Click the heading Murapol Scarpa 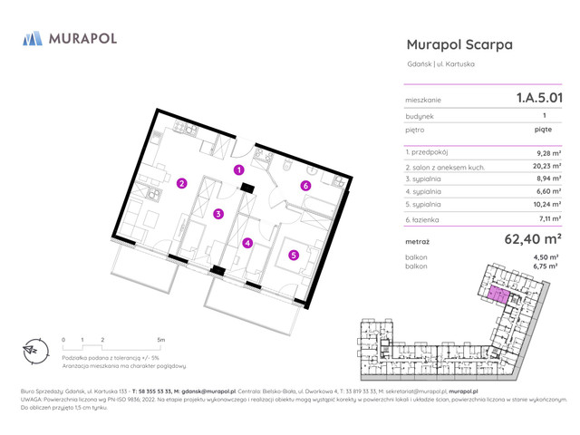[x=459, y=44]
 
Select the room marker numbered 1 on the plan [x=239, y=169]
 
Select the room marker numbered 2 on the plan [x=181, y=184]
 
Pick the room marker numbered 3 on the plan [x=218, y=214]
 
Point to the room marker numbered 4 [x=247, y=243]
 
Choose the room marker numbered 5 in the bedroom [x=294, y=255]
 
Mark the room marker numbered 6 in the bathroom [x=306, y=187]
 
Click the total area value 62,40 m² [x=533, y=240]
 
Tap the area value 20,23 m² [x=546, y=167]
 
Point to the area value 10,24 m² [x=546, y=205]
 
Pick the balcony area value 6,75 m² [x=546, y=266]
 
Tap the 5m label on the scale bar [x=161, y=340]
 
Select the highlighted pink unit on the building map [x=497, y=295]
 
